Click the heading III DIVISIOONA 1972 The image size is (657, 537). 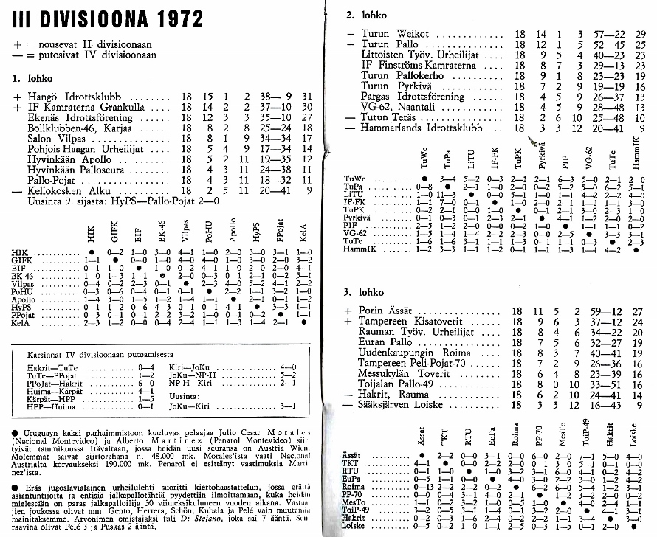(108, 20)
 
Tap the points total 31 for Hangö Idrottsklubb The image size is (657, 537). (308, 97)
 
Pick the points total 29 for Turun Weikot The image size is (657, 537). (640, 34)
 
